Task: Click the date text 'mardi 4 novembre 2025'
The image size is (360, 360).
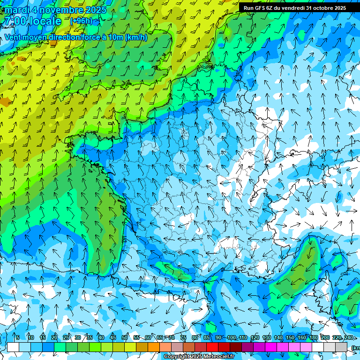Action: pyautogui.click(x=55, y=10)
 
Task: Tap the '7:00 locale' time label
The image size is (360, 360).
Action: pyautogui.click(x=32, y=21)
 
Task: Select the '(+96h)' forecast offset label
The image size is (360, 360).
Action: pyautogui.click(x=81, y=21)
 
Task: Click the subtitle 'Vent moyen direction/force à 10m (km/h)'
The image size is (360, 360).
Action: pyautogui.click(x=76, y=37)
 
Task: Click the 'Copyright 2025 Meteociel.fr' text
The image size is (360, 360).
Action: pyautogui.click(x=199, y=357)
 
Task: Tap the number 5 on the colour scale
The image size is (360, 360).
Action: pyautogui.click(x=17, y=337)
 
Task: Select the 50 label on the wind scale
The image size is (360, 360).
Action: pyautogui.click(x=125, y=337)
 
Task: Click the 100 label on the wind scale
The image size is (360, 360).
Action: pyautogui.click(x=231, y=337)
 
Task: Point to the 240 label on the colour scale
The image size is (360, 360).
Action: pyautogui.click(x=348, y=337)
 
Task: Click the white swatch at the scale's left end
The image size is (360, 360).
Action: pyautogui.click(x=13, y=347)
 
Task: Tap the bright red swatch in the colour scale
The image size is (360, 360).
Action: pyautogui.click(x=212, y=347)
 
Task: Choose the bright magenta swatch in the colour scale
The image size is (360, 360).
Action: pyautogui.click(x=271, y=347)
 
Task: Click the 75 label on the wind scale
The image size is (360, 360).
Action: pyautogui.click(x=183, y=337)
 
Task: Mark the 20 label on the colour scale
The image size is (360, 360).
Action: pyautogui.click(x=54, y=337)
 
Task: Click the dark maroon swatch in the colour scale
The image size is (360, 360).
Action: pyautogui.click(x=236, y=347)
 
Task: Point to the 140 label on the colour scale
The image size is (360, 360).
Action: pyautogui.click(x=278, y=337)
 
